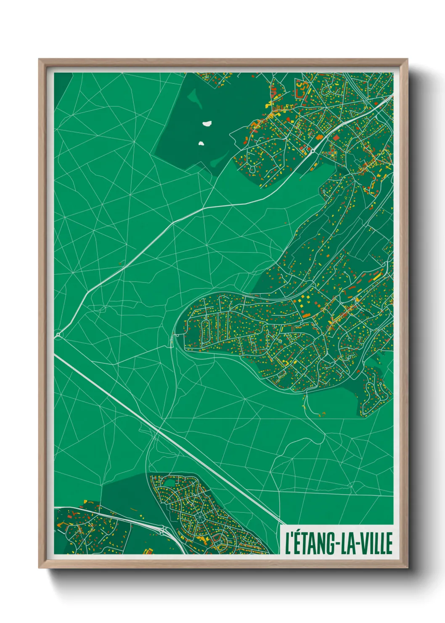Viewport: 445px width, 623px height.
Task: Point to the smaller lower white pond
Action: (201, 143)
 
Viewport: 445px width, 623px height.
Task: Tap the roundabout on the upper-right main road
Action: (313, 150)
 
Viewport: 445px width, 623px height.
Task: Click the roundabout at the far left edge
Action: (58, 335)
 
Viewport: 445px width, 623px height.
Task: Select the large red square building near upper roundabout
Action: (336, 137)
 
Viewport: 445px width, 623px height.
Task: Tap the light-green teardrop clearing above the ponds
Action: (194, 100)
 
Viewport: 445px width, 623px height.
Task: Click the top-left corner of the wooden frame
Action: (40, 60)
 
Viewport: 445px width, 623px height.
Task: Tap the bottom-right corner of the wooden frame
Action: (407, 567)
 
